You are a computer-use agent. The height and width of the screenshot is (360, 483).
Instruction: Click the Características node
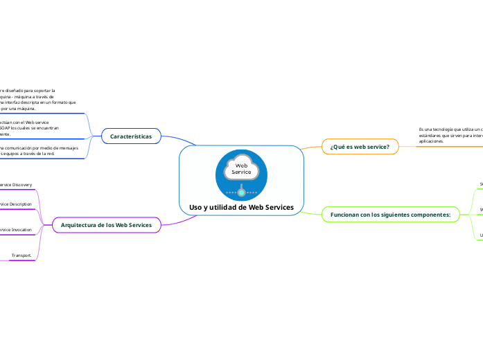click(x=131, y=137)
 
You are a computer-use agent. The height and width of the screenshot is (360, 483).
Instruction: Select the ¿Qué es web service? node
click(x=360, y=147)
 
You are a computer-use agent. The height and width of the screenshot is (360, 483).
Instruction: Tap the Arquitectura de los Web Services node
click(x=106, y=225)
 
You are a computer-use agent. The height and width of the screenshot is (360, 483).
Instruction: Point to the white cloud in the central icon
click(x=241, y=166)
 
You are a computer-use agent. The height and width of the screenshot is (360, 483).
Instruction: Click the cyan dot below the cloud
click(x=241, y=192)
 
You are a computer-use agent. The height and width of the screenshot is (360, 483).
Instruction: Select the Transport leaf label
click(x=21, y=255)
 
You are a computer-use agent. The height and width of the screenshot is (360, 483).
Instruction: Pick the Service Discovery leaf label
click(x=15, y=185)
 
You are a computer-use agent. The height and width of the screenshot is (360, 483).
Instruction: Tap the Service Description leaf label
click(x=15, y=204)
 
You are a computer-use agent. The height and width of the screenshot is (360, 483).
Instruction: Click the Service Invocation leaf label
click(x=15, y=229)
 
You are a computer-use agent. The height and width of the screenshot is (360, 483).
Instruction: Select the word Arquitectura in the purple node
click(x=77, y=225)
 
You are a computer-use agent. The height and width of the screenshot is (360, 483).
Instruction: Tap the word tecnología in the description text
click(x=441, y=129)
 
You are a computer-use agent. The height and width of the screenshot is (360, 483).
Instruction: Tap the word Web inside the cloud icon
click(x=241, y=165)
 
